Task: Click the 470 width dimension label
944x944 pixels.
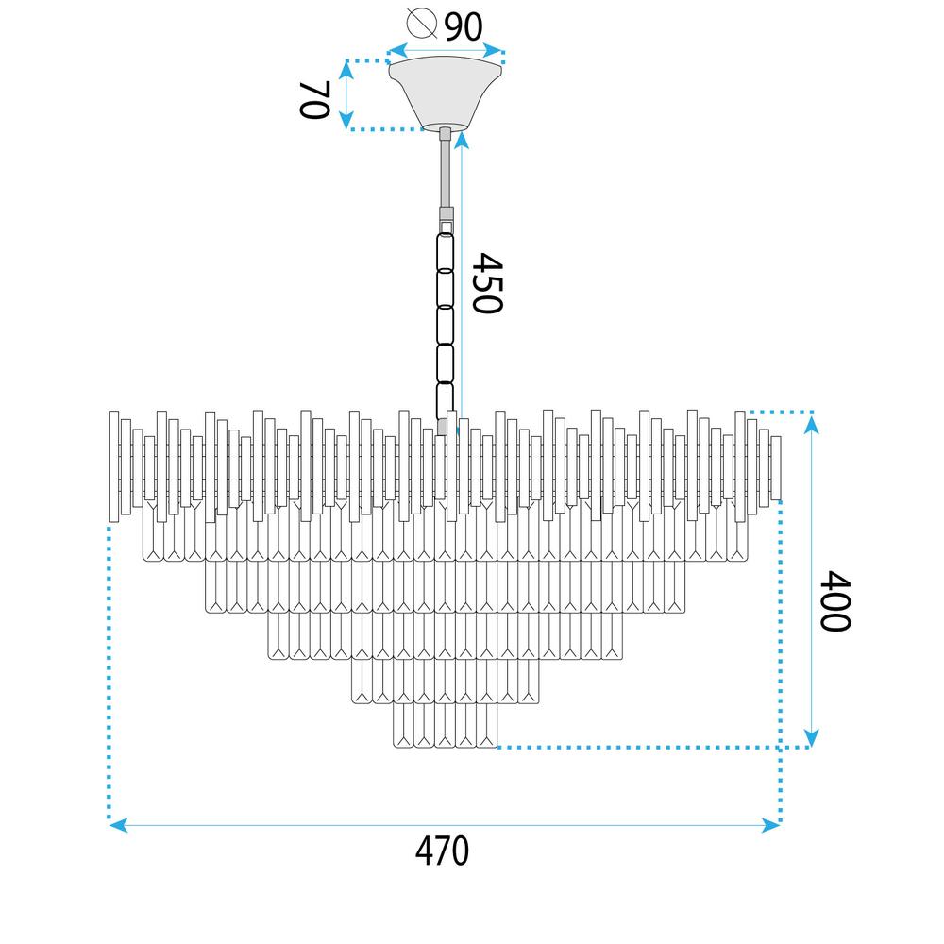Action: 442,851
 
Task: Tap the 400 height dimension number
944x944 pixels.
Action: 835,600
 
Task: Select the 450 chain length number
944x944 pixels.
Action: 486,283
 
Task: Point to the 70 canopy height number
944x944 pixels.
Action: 315,99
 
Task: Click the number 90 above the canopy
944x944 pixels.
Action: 464,26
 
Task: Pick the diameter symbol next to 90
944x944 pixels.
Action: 421,24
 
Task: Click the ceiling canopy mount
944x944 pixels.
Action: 445,93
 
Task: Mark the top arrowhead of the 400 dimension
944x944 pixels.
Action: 811,425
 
